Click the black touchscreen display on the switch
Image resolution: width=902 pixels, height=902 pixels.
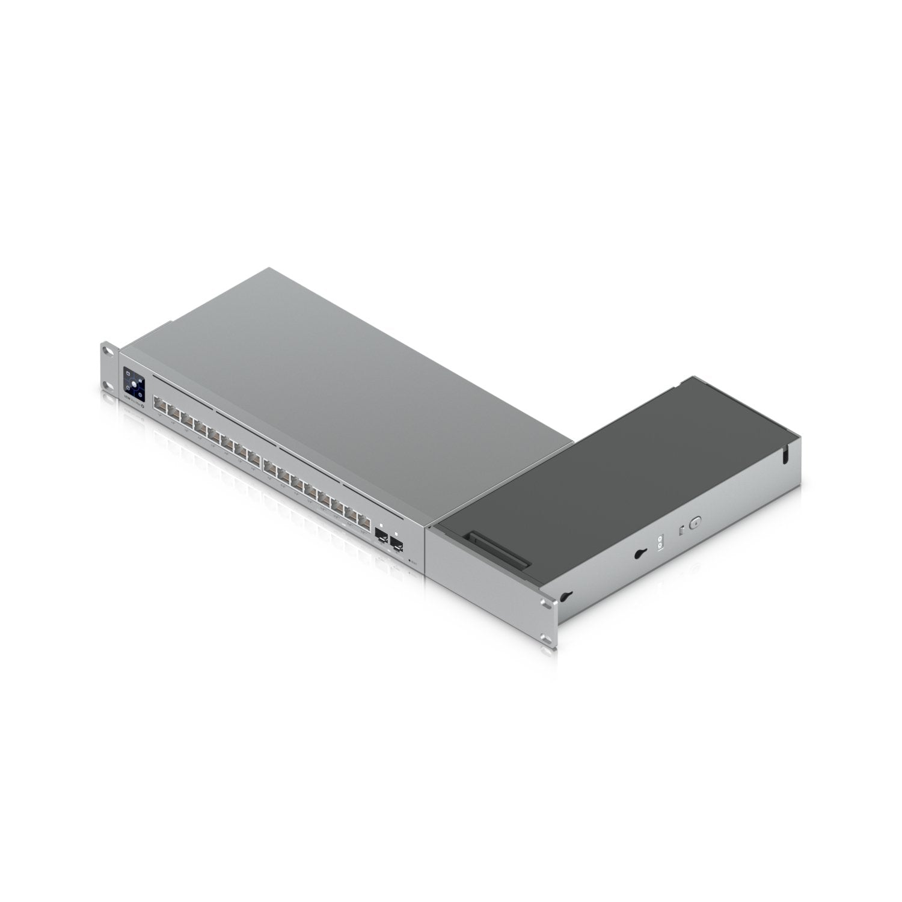[x=133, y=383]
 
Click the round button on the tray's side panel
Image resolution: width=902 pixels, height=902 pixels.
[x=696, y=523]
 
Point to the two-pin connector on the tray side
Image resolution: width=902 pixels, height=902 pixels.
[x=661, y=542]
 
